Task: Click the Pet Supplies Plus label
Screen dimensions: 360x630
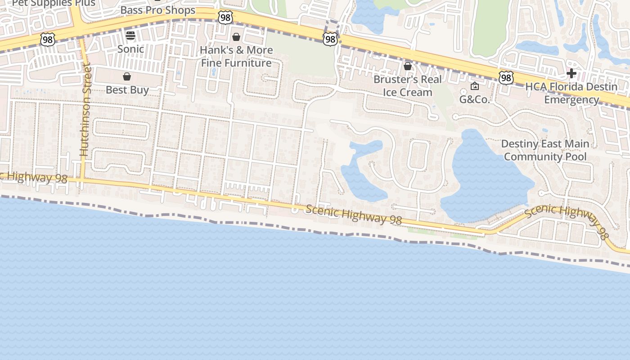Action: (54, 3)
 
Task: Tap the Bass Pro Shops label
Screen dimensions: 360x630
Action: (158, 10)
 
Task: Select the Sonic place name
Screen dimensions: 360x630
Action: (130, 49)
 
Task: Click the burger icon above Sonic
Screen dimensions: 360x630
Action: (130, 36)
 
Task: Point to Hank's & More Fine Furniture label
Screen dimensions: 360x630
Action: (236, 56)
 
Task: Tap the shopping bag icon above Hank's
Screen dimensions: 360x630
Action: (236, 37)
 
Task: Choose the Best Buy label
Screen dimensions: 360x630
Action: (127, 90)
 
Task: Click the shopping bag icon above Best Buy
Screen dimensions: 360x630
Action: (127, 76)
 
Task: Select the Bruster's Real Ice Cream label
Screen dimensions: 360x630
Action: (408, 85)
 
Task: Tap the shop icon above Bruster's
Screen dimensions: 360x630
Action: (408, 67)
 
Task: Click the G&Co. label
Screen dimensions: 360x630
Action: (474, 99)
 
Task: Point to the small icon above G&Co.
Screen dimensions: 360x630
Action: (474, 86)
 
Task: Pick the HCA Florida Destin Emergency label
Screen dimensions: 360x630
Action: (571, 93)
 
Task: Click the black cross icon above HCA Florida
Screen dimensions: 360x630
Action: (571, 73)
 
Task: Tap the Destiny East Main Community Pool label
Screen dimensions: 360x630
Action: (545, 150)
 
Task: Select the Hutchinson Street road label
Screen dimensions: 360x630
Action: (85, 110)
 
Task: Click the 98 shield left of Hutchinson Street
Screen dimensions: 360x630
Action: (47, 39)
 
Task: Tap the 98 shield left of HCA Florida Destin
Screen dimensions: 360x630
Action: (506, 78)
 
